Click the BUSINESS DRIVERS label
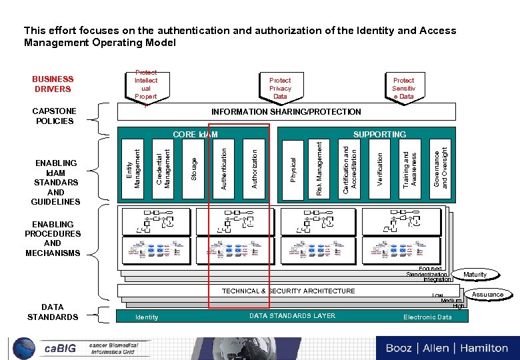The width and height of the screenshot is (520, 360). [x=53, y=84]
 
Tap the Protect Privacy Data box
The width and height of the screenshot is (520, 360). [x=280, y=88]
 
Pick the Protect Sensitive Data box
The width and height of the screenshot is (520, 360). [x=403, y=88]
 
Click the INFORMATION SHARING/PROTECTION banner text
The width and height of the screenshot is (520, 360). [x=286, y=112]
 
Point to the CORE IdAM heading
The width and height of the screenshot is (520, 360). [x=195, y=135]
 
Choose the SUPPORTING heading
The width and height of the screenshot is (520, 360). [x=379, y=135]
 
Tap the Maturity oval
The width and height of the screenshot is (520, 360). [x=475, y=275]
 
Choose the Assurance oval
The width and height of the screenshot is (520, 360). [x=487, y=294]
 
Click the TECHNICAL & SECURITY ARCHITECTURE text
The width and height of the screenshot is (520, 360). [x=288, y=291]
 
